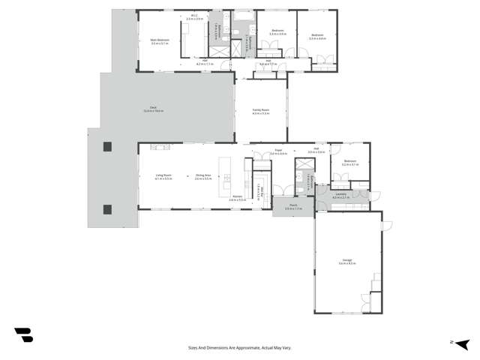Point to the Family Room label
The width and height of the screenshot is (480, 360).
click(260, 111)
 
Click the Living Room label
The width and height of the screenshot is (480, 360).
click(163, 177)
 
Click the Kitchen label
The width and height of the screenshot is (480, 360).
click(237, 199)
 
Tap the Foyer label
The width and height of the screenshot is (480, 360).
click(277, 152)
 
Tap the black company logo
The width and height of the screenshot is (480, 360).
click(23, 335)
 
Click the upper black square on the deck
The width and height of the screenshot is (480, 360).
click(106, 146)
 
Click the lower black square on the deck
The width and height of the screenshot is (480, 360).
click(106, 208)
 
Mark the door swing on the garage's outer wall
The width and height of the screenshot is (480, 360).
click(385, 226)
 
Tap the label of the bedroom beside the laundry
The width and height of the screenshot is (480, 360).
click(350, 163)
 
